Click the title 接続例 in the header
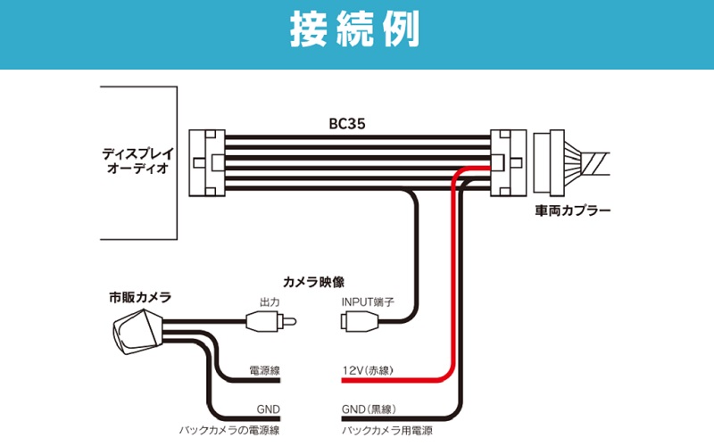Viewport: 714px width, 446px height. tap(355, 33)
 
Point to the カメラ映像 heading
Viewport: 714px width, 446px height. tap(313, 280)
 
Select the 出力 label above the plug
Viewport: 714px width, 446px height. tap(269, 301)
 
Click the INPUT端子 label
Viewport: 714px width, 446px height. tap(367, 301)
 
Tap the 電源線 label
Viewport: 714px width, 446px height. tap(266, 370)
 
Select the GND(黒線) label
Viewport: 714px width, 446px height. tap(368, 410)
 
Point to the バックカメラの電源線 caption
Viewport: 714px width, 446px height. tap(229, 430)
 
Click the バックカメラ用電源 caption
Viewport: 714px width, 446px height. tap(386, 430)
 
